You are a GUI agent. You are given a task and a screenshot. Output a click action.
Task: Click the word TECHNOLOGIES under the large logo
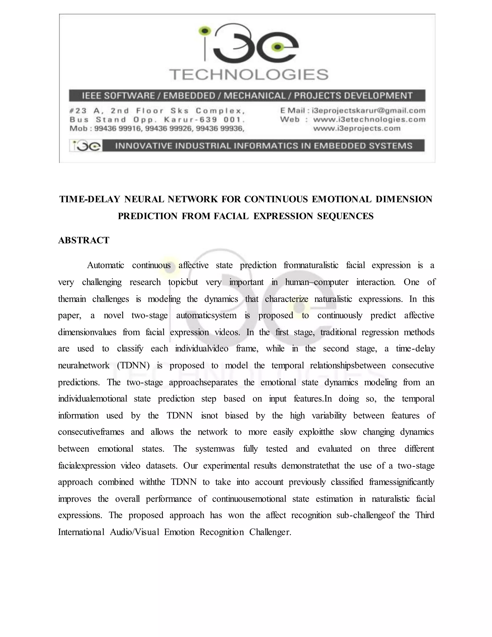(249, 75)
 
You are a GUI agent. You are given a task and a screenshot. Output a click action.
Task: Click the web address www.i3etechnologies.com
(369, 119)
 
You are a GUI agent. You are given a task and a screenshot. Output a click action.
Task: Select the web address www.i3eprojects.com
(357, 128)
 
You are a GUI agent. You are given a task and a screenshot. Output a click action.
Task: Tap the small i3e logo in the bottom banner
(86, 145)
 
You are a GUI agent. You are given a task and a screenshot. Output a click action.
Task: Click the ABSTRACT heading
(84, 240)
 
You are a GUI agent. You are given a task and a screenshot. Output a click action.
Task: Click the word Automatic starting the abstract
(105, 265)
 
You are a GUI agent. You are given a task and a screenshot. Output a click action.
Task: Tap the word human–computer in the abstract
(317, 282)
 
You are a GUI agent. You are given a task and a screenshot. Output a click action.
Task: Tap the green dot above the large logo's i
(205, 30)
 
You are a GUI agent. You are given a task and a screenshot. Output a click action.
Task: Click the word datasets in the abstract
(161, 466)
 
